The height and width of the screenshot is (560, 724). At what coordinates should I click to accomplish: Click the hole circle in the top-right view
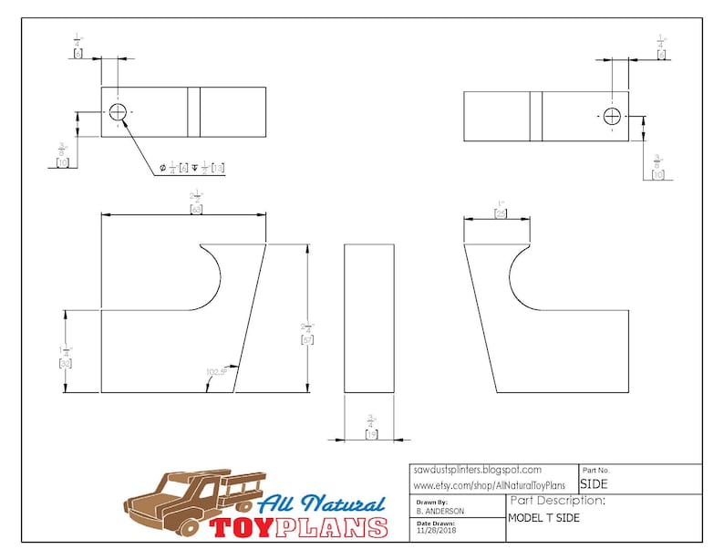[x=611, y=116]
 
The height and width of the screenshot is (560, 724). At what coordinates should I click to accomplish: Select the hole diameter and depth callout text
[x=192, y=168]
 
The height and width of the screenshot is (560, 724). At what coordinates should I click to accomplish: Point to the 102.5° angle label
[x=217, y=372]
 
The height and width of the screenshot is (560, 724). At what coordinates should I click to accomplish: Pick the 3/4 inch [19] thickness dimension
[x=371, y=428]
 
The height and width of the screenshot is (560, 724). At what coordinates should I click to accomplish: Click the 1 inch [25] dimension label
[x=500, y=208]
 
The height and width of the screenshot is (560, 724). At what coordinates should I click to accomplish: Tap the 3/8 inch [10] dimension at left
[x=63, y=155]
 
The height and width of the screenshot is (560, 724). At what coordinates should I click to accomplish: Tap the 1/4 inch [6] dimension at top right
[x=661, y=47]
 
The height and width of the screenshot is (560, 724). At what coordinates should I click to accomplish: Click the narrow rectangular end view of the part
[x=369, y=318]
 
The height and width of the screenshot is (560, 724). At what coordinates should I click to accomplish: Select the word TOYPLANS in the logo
[x=299, y=527]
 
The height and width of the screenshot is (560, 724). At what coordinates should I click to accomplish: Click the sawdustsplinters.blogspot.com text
[x=477, y=470]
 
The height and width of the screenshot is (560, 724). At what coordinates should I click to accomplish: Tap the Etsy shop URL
[x=489, y=485]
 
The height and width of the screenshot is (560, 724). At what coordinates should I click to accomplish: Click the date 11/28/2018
[x=438, y=530]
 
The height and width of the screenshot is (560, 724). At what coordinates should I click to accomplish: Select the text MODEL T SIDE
[x=543, y=518]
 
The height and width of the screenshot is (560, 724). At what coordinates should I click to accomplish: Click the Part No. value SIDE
[x=594, y=484]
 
